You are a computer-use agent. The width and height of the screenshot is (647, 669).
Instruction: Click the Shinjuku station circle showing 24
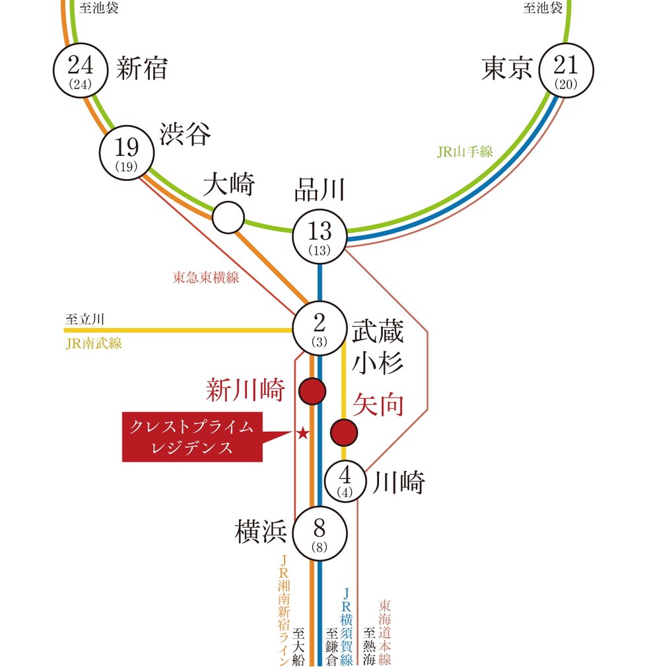click(80, 71)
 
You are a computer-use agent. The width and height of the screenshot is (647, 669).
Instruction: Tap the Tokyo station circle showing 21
click(566, 71)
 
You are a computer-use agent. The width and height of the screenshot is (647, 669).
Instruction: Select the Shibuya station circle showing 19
click(127, 153)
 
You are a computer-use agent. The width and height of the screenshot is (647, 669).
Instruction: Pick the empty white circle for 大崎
click(228, 217)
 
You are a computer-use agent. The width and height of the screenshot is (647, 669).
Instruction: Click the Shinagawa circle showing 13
click(320, 236)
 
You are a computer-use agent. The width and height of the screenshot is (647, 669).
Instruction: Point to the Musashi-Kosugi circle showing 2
click(320, 328)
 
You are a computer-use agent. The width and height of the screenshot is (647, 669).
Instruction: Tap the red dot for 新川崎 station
click(312, 391)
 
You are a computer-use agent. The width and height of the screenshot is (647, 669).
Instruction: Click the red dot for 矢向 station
click(344, 433)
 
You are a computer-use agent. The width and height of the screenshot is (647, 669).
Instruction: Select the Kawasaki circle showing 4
click(345, 481)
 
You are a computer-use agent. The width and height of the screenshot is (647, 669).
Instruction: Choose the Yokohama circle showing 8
click(320, 534)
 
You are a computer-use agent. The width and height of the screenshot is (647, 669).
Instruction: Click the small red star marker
click(302, 434)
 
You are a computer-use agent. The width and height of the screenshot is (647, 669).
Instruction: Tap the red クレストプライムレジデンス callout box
click(192, 437)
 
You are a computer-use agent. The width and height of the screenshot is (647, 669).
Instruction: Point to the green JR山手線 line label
click(465, 151)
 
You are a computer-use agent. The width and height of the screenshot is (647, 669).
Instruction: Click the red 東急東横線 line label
click(205, 277)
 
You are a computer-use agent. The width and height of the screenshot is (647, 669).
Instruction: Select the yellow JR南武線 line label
click(94, 343)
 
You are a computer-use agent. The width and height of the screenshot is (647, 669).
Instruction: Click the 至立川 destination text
click(85, 319)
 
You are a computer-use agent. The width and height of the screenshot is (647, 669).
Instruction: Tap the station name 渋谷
click(185, 133)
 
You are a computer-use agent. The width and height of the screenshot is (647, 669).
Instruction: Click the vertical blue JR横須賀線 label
click(347, 626)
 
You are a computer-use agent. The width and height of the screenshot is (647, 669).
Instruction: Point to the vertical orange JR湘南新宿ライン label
click(284, 610)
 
